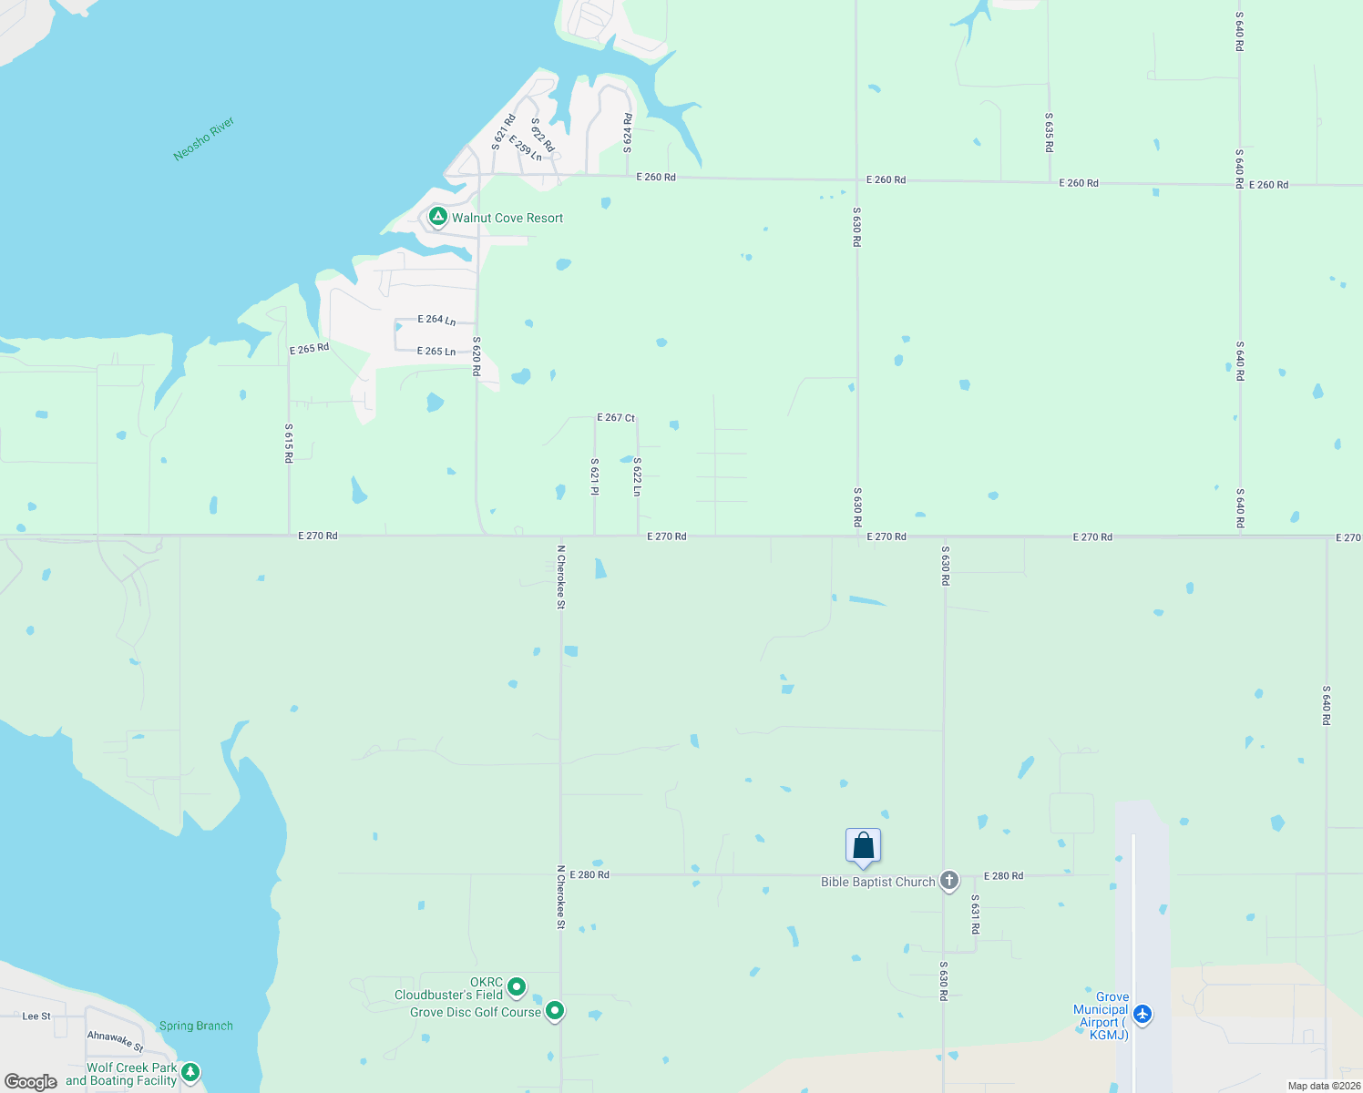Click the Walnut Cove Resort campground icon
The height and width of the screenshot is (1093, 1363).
point(438,217)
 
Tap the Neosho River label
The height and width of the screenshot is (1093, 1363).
point(204,138)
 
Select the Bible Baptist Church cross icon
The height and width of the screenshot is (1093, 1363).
point(949,881)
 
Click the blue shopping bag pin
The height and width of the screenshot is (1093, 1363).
point(863,847)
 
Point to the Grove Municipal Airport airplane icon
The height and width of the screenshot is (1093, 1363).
point(1143,1014)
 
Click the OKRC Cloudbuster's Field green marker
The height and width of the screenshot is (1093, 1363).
point(517,987)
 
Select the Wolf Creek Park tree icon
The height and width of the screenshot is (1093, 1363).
point(190,1073)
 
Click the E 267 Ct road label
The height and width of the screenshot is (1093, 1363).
point(616,417)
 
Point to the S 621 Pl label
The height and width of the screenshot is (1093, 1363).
point(594,476)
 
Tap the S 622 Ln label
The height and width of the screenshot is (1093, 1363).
point(637,476)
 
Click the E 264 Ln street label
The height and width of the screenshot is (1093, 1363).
point(436,320)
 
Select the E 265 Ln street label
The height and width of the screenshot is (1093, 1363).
point(436,352)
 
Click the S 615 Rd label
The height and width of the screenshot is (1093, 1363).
point(289,443)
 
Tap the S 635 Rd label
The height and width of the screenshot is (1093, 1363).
point(1049,132)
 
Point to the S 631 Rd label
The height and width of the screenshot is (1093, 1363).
point(975,914)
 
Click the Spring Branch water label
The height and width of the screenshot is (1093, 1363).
point(196,1026)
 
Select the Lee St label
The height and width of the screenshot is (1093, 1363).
point(36,1016)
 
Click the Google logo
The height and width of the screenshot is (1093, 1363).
point(31,1082)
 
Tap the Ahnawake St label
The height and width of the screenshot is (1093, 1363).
point(116,1040)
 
